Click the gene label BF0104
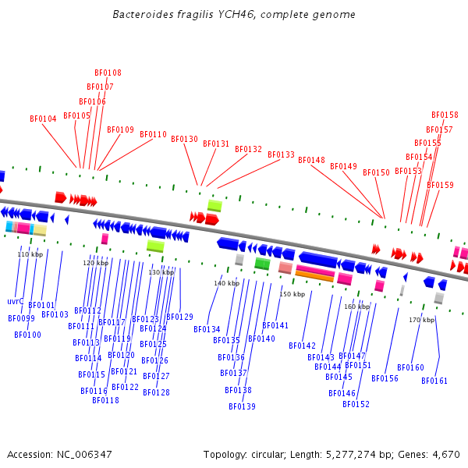tap(44, 119)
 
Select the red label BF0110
tap(153, 134)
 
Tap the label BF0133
tap(281, 154)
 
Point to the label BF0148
tap(311, 160)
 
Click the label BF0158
tap(445, 115)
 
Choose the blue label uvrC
tap(16, 301)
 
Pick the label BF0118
tap(105, 400)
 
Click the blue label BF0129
tap(179, 317)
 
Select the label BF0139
tap(242, 406)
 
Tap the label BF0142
tap(302, 346)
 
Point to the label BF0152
tap(356, 404)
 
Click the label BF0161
tap(434, 381)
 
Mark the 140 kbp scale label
tap(226, 283)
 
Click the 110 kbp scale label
tap(30, 254)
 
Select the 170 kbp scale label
tap(421, 320)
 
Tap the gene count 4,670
tap(446, 454)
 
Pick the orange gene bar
tap(314, 275)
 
